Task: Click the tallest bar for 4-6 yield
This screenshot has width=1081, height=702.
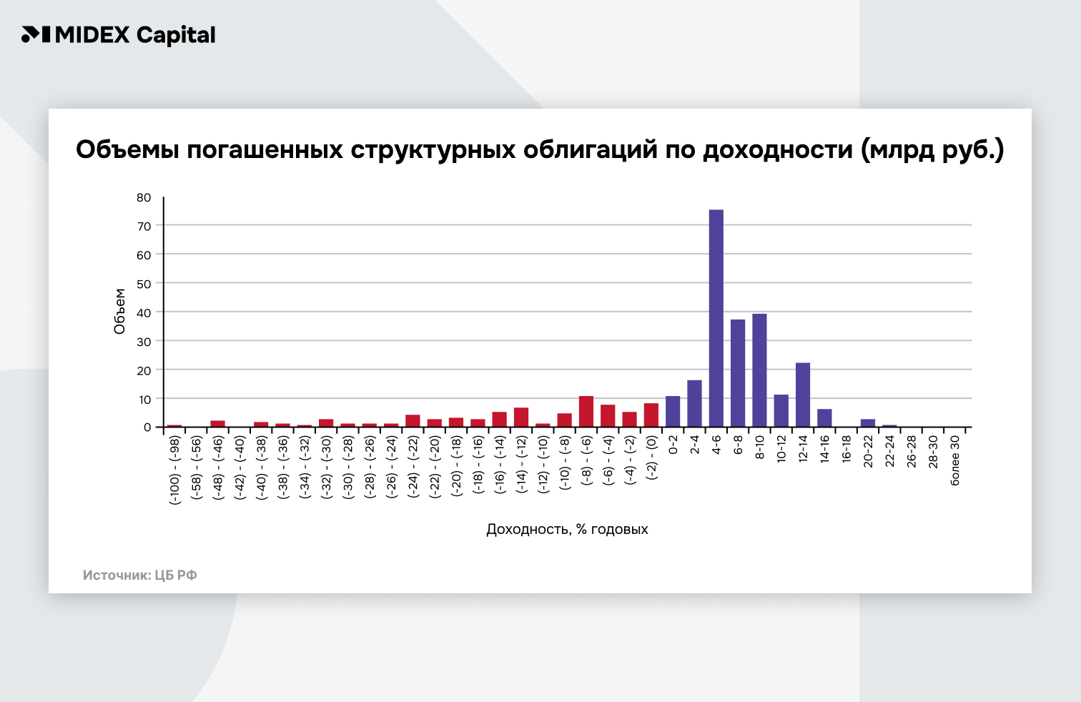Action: click(x=716, y=318)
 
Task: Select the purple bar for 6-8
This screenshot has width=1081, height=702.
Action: click(x=738, y=373)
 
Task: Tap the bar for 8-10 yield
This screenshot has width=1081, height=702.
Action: click(x=759, y=370)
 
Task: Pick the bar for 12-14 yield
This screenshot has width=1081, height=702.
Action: click(x=803, y=395)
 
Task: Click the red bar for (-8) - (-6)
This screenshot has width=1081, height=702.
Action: click(x=586, y=412)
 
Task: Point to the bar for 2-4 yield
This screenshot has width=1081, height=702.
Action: click(x=694, y=404)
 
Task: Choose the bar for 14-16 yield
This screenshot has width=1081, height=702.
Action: click(x=824, y=418)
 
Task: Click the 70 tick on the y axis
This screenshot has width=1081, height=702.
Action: click(x=144, y=226)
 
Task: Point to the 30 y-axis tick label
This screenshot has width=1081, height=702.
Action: click(x=144, y=342)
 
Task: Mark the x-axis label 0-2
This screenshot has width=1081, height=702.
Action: click(x=673, y=445)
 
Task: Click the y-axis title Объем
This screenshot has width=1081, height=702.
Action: click(x=119, y=311)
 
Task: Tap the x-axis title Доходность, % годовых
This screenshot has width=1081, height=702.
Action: click(x=567, y=530)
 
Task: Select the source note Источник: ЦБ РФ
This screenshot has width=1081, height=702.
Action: click(x=139, y=575)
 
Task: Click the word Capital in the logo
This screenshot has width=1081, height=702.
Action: click(x=175, y=35)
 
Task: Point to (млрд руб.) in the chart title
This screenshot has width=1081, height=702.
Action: click(x=932, y=149)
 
